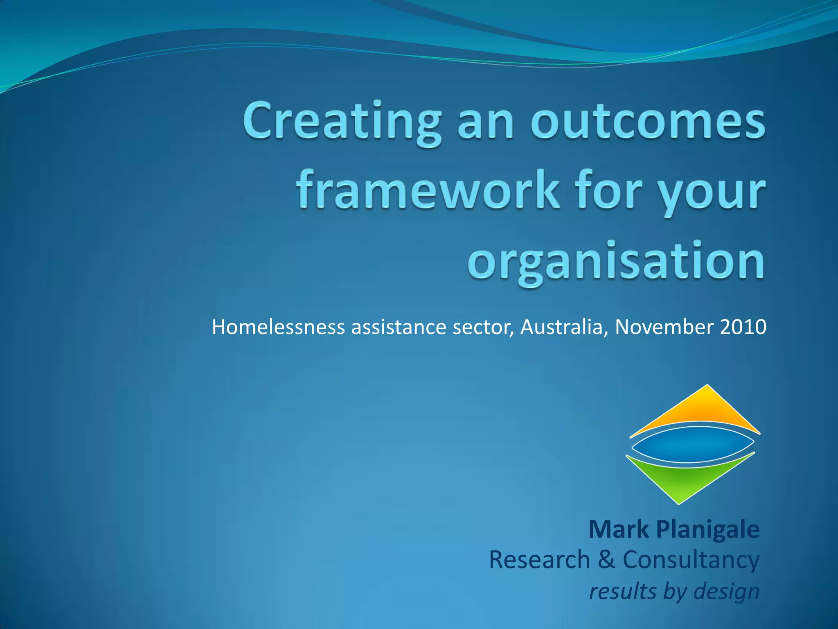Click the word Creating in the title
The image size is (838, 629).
coord(342,122)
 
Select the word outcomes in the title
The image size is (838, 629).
coord(648,122)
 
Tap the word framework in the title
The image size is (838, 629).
coord(427,190)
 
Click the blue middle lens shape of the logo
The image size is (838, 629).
coord(692,444)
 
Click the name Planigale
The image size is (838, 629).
coord(708,529)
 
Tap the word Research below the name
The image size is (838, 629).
coord(539,560)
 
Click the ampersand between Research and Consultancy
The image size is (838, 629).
coord(606,560)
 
